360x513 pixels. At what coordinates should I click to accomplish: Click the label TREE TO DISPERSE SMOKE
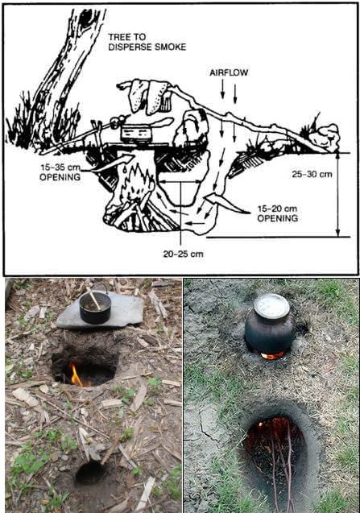click(147, 42)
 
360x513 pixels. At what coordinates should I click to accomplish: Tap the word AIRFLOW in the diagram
click(229, 72)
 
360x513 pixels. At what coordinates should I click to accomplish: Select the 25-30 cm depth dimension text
click(312, 174)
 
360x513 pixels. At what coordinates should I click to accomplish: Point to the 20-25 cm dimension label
click(184, 254)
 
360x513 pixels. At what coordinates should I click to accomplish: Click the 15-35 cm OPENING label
click(60, 172)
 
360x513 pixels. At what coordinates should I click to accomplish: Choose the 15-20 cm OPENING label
click(278, 213)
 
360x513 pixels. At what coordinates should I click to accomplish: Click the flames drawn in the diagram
click(138, 182)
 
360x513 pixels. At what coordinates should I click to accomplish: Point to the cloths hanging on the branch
click(150, 96)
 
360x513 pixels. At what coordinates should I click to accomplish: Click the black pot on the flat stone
click(95, 307)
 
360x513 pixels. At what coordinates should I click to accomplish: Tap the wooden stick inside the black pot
click(94, 300)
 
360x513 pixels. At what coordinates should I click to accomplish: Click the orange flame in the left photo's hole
click(77, 376)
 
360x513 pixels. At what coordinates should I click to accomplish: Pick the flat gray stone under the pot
click(100, 312)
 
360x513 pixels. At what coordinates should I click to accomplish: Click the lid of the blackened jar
click(271, 306)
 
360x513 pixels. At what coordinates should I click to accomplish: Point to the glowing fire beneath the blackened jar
click(272, 355)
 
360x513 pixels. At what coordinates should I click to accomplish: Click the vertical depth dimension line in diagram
click(338, 195)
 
